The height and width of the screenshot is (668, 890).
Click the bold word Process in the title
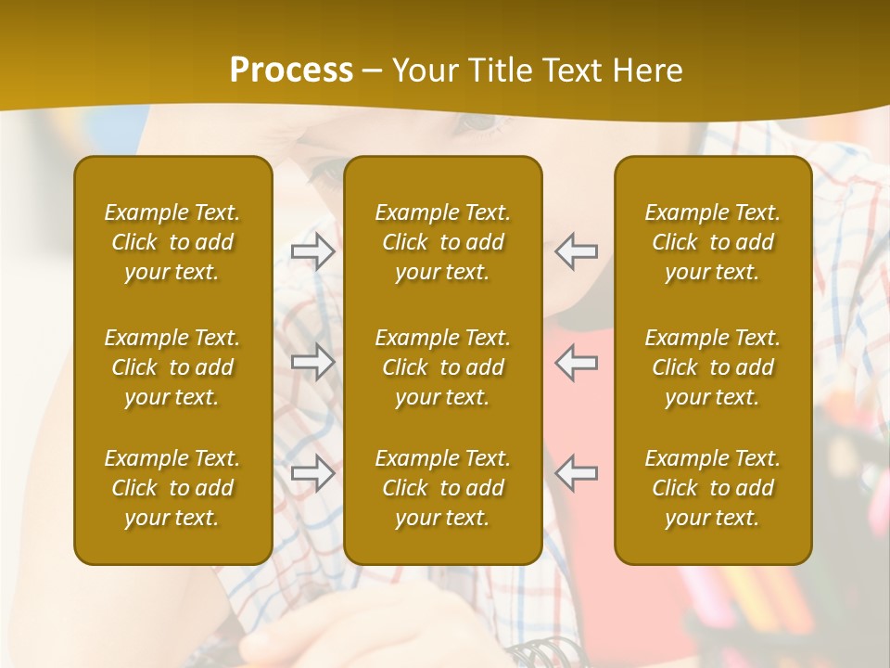coord(291,71)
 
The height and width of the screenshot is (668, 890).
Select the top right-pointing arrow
coord(312,251)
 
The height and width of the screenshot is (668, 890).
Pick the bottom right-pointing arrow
coord(312,473)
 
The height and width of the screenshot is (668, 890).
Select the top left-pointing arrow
coord(577,251)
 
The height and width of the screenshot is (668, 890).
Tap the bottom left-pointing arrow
coord(577,473)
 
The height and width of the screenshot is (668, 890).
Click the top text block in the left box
coord(172,242)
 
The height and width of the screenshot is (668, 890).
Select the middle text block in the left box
coord(172,367)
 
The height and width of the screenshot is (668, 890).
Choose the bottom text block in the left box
coord(172,488)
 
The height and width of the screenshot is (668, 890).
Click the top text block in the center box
coord(442,242)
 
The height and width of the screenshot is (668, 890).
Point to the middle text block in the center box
coord(442,367)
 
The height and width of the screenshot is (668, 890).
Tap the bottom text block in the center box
coord(442,488)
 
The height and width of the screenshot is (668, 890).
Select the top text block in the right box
coord(712,242)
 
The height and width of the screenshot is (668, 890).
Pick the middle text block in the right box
coord(712,367)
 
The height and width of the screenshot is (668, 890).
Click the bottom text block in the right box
coord(712,488)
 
